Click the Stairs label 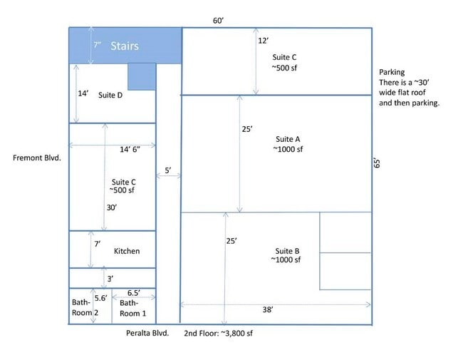click(x=125, y=46)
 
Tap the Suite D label click(x=110, y=96)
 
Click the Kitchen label click(x=127, y=251)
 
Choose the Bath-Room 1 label click(x=133, y=308)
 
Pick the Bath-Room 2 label click(x=85, y=307)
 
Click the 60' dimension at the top click(x=219, y=21)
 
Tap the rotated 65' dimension click(x=377, y=163)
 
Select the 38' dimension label click(x=268, y=309)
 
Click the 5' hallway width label click(x=168, y=170)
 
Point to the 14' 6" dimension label click(x=130, y=149)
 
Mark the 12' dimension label click(x=264, y=41)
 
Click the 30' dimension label click(x=112, y=207)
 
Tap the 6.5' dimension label click(x=134, y=293)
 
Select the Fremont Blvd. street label click(x=37, y=158)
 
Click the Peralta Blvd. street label click(x=147, y=333)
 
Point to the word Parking click(x=392, y=72)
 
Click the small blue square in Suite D click(x=142, y=76)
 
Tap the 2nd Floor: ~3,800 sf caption click(x=218, y=333)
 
